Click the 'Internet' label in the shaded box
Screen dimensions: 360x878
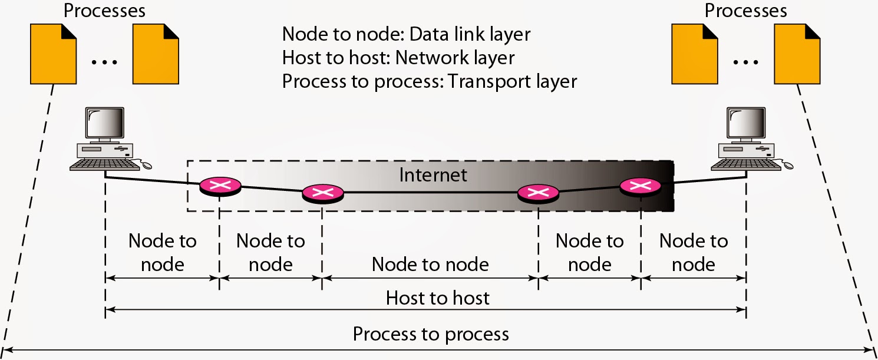(x=433, y=175)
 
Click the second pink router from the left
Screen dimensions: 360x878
(x=322, y=193)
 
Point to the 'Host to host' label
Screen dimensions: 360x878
(x=437, y=298)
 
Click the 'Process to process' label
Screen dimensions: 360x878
(x=430, y=334)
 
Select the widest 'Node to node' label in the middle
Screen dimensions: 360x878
(x=430, y=264)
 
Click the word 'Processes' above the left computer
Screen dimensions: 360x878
(x=104, y=10)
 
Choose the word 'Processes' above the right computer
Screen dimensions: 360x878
(x=746, y=10)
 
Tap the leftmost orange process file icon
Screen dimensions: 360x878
(x=53, y=52)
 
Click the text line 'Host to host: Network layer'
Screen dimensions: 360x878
(x=398, y=58)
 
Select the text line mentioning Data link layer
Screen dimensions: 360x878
(x=407, y=34)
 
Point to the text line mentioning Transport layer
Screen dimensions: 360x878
(x=429, y=81)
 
